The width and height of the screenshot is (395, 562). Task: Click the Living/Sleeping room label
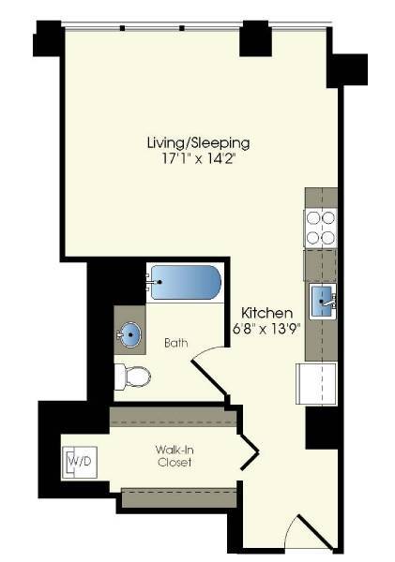click(x=198, y=143)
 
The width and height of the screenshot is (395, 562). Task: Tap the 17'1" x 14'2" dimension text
click(x=198, y=159)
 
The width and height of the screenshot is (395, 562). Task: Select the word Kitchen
click(x=267, y=312)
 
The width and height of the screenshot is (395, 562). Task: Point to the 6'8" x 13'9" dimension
click(x=266, y=329)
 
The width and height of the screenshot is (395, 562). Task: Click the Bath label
click(x=175, y=343)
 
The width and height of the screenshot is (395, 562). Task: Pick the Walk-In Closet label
click(x=175, y=456)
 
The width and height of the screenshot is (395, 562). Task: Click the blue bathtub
click(x=185, y=280)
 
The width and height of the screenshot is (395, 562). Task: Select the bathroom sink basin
click(x=130, y=334)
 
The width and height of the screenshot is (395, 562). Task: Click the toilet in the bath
click(x=133, y=377)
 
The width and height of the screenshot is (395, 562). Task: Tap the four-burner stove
click(x=320, y=227)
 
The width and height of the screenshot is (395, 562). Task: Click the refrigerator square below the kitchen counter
click(x=316, y=384)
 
